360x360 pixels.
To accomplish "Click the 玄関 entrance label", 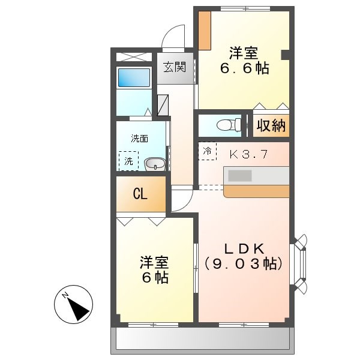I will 175,67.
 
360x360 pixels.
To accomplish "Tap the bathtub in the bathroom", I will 133,78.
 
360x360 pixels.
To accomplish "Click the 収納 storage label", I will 271,125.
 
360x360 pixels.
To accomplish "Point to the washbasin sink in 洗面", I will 155,163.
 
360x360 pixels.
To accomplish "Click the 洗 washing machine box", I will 128,161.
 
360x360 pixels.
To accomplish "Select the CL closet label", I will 140,194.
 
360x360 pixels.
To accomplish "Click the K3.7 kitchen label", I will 248,154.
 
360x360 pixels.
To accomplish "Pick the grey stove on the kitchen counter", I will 240,175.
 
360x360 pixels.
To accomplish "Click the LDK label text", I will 243,248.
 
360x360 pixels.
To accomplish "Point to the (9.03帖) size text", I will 243,263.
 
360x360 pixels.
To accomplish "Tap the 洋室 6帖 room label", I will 154,270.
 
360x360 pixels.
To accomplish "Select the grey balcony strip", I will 201,340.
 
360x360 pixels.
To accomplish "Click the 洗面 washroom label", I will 140,139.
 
